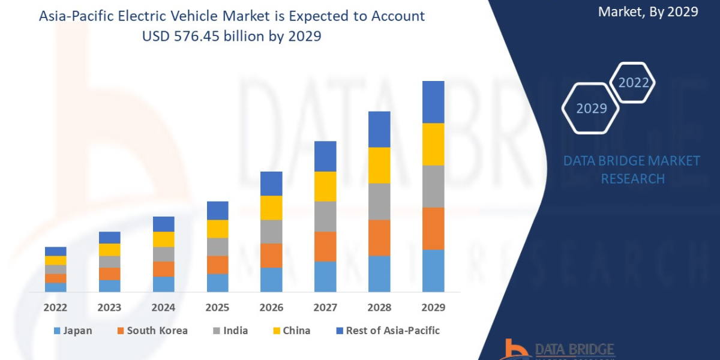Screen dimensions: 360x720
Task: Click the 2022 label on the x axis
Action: tap(55, 308)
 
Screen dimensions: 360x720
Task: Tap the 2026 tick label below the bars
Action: tap(271, 308)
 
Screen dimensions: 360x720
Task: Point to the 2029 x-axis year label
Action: tap(433, 308)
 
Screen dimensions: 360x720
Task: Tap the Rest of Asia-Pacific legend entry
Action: tap(387, 331)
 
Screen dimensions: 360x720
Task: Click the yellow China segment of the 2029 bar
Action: tap(433, 144)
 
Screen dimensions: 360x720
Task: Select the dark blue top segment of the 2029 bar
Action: tap(433, 102)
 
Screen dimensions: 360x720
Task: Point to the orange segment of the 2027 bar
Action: tap(325, 247)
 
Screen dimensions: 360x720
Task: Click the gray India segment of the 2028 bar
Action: tap(379, 202)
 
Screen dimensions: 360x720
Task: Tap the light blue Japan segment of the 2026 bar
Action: tap(271, 280)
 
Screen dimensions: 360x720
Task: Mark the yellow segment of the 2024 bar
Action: tap(163, 239)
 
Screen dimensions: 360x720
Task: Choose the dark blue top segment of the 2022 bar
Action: tap(55, 251)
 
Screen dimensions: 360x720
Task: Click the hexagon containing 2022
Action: tap(633, 83)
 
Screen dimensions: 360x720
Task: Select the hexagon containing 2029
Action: tap(591, 109)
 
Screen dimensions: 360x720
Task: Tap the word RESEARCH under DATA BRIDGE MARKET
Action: tap(632, 179)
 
